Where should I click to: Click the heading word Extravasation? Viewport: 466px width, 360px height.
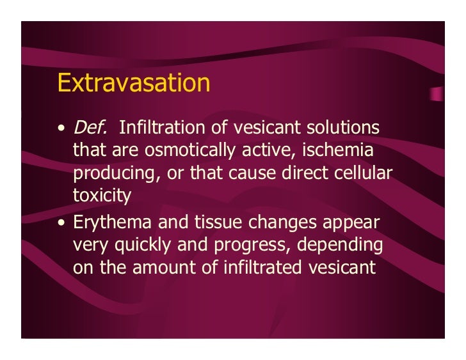click(134, 83)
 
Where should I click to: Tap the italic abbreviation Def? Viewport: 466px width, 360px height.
click(90, 129)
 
